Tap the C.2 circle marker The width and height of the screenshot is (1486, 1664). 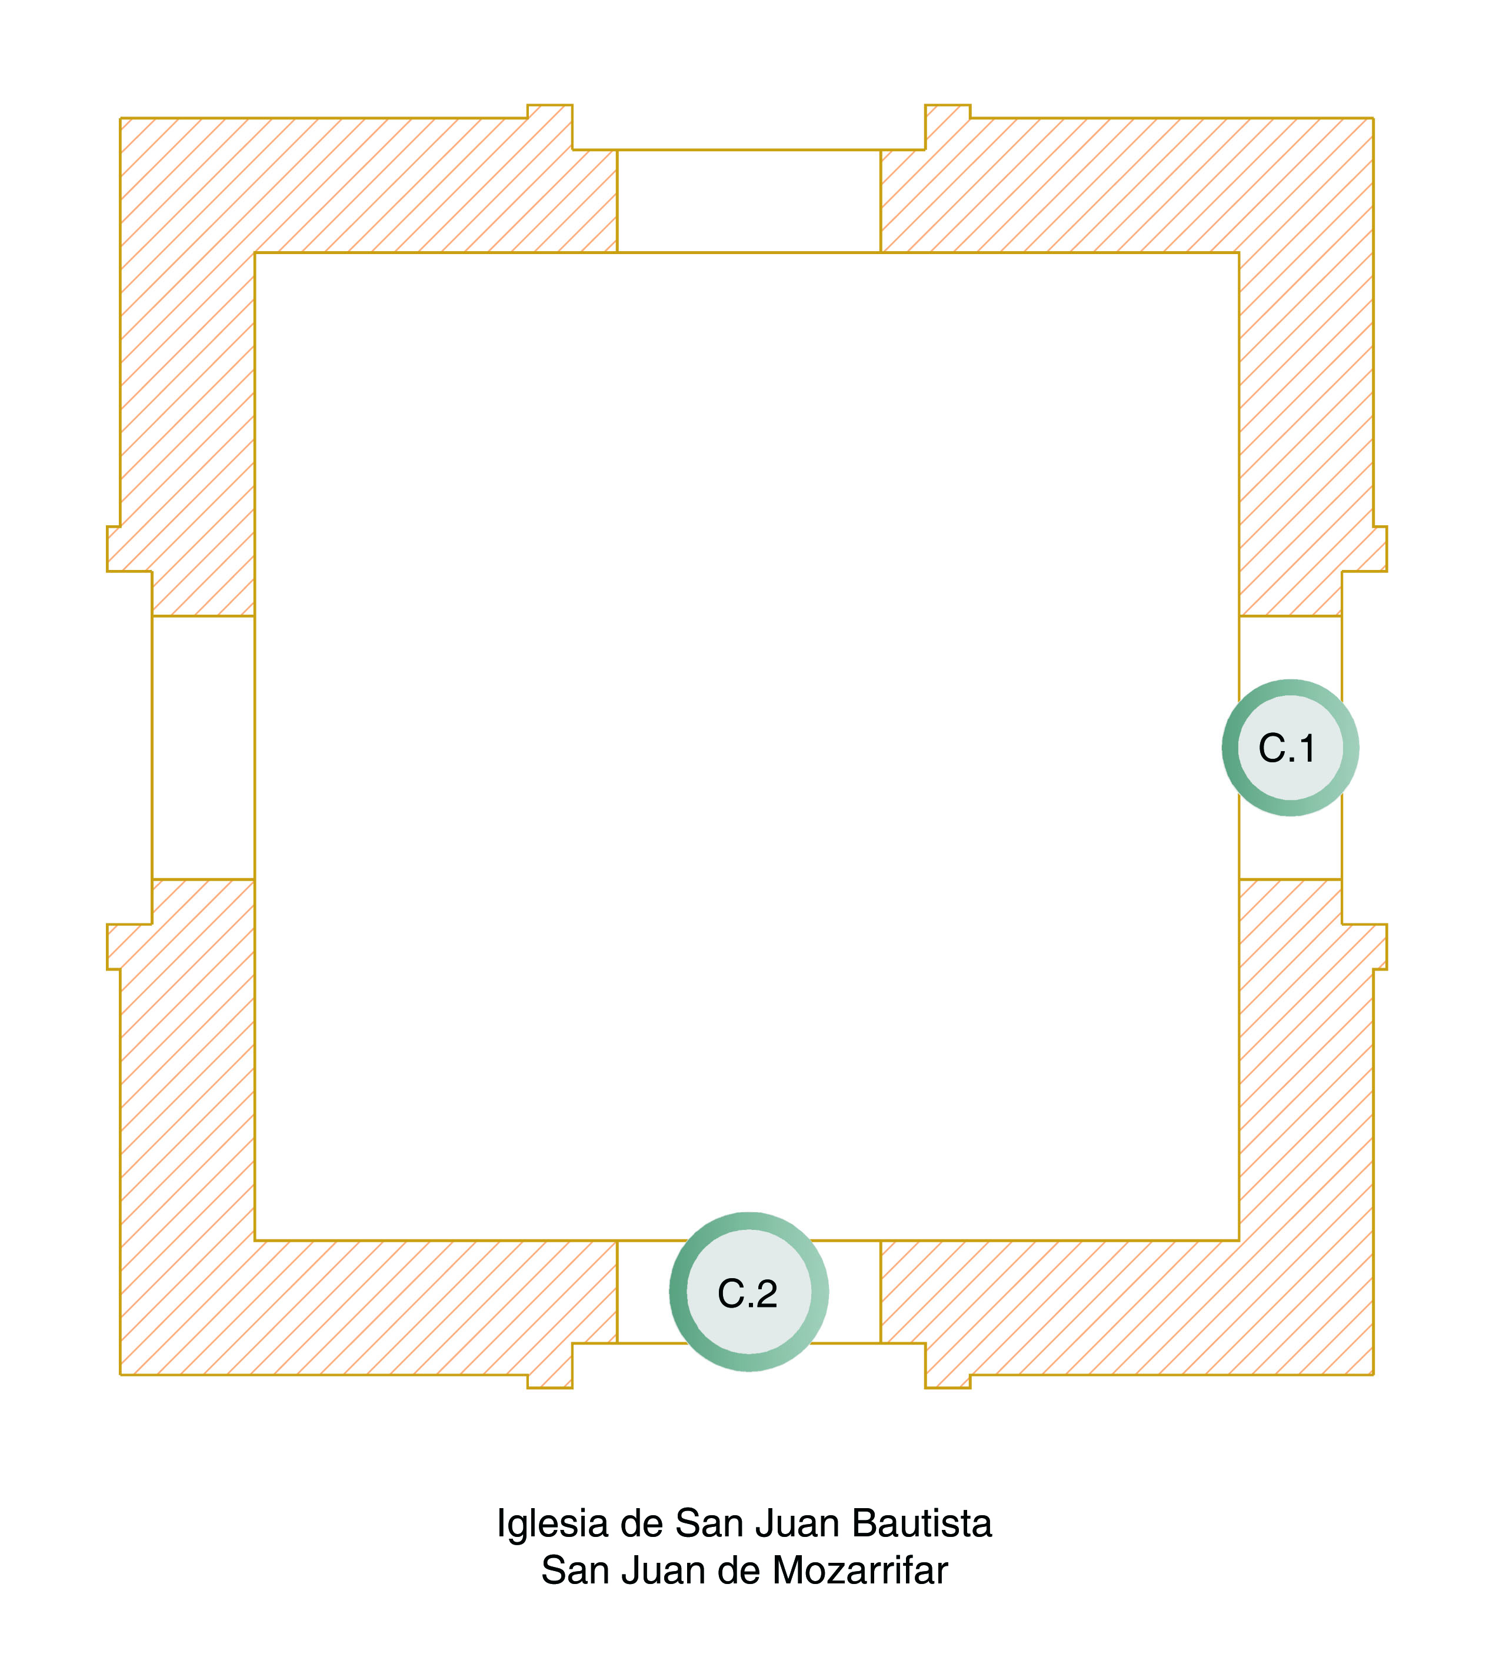tap(749, 1292)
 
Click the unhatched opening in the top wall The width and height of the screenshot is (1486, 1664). tap(749, 201)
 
